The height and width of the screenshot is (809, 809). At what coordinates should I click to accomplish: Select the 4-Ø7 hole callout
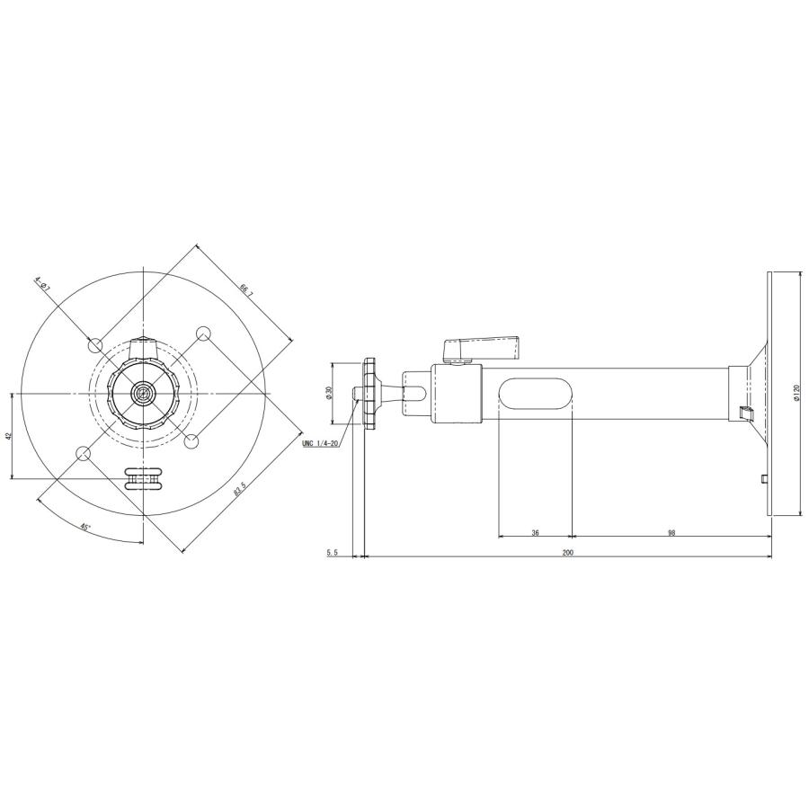(x=41, y=285)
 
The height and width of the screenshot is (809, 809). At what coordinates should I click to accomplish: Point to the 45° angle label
(x=85, y=528)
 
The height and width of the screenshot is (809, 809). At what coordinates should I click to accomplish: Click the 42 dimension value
(x=8, y=436)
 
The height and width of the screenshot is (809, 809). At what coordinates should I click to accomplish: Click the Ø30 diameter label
(x=329, y=393)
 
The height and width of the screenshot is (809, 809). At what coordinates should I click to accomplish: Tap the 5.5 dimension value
(x=332, y=553)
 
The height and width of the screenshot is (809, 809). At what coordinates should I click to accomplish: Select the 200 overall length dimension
(x=567, y=553)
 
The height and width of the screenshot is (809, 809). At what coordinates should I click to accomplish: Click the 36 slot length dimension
(x=535, y=533)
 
